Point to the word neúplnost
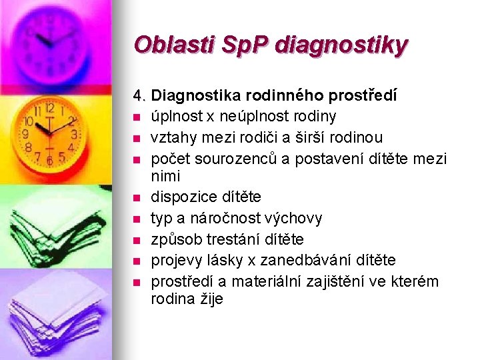pos(247,117)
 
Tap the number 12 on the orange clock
pos(49,108)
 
